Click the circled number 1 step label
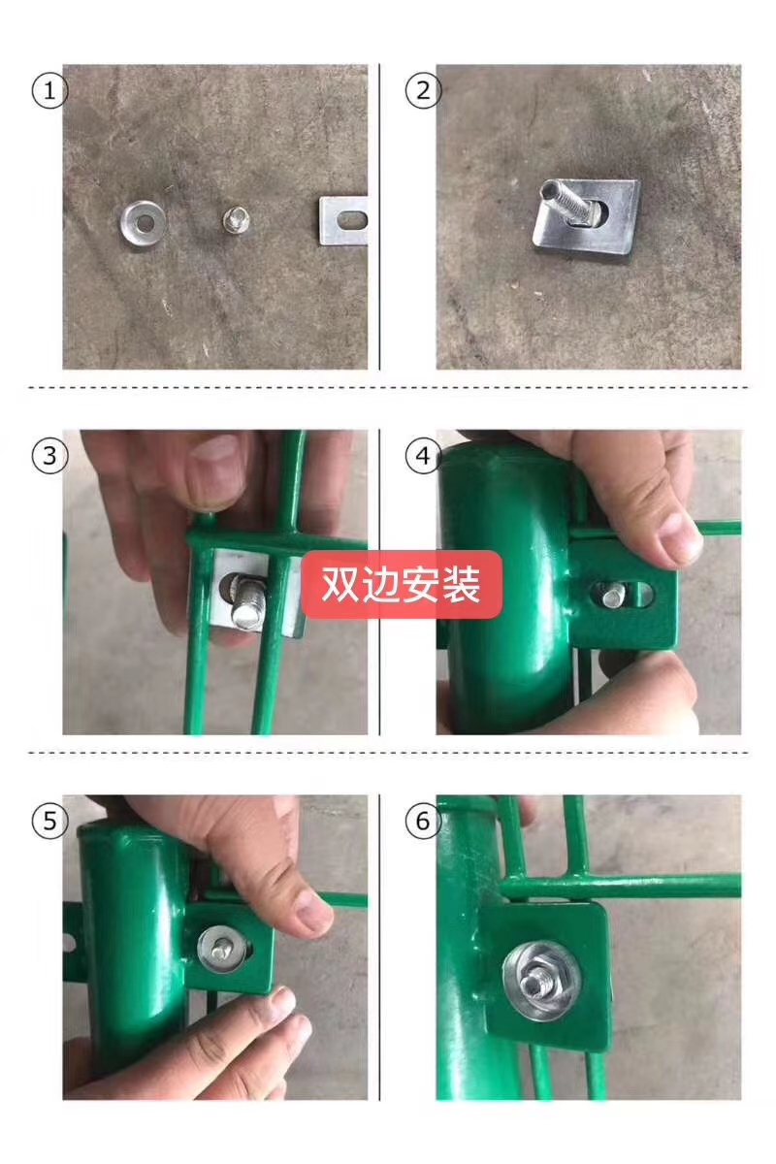pyautogui.click(x=49, y=91)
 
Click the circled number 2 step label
pyautogui.click(x=423, y=91)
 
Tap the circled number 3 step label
pyautogui.click(x=49, y=456)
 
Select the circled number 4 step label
pyautogui.click(x=423, y=456)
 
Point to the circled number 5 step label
pyautogui.click(x=49, y=821)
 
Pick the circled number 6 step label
pyautogui.click(x=423, y=821)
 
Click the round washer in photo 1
pyautogui.click(x=143, y=223)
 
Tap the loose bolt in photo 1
pyautogui.click(x=237, y=220)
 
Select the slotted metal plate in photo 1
pyautogui.click(x=343, y=221)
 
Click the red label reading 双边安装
pyautogui.click(x=402, y=585)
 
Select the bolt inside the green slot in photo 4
pyautogui.click(x=614, y=596)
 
